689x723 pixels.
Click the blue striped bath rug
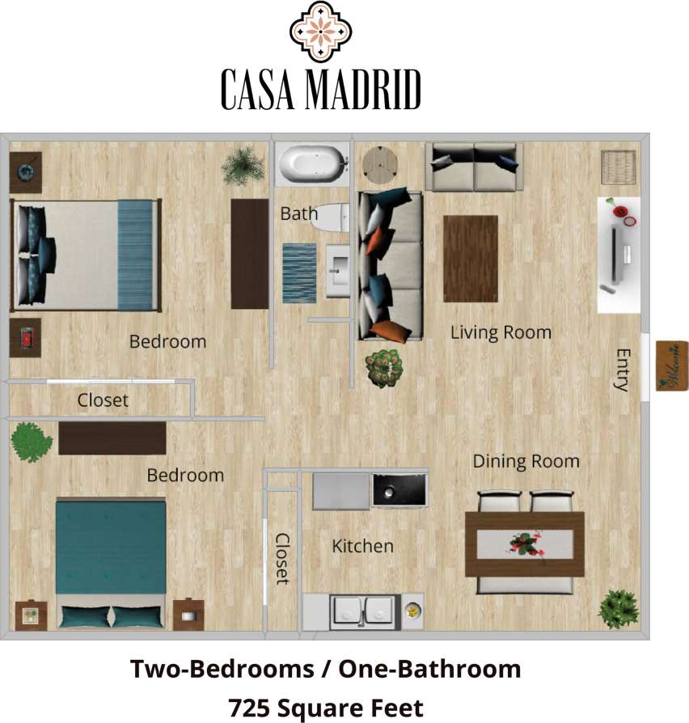click(299, 273)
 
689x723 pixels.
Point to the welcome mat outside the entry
click(671, 366)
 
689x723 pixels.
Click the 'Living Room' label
click(501, 332)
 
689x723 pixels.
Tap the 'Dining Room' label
click(526, 462)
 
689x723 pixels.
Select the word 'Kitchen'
click(362, 547)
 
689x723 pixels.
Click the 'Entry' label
click(622, 370)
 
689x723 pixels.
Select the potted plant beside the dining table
click(619, 609)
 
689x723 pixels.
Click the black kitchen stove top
click(399, 490)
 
